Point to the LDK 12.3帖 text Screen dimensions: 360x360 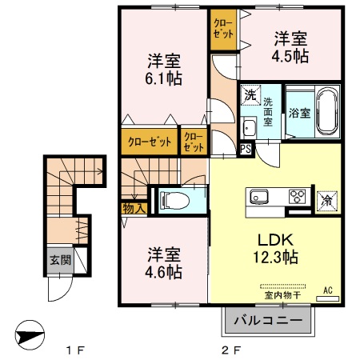[277, 248]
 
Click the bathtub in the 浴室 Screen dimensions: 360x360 [327, 106]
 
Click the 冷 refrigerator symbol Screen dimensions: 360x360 [328, 200]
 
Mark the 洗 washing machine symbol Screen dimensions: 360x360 [250, 95]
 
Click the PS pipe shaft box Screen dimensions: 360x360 [245, 149]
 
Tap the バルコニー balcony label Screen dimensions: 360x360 [268, 322]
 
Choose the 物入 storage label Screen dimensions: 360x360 [134, 210]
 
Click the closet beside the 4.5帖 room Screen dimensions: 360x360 [223, 30]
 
